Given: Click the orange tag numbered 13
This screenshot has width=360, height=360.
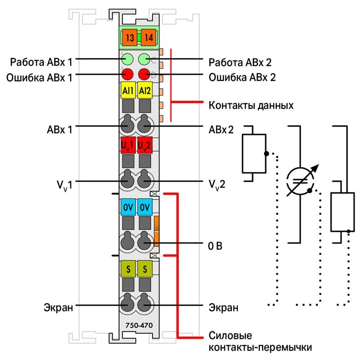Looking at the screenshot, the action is pos(130,37).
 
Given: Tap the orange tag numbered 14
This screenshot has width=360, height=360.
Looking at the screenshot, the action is pos(148,37).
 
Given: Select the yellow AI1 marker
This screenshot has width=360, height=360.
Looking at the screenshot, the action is pos(128,90).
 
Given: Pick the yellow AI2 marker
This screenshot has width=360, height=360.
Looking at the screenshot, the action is pos(145,90).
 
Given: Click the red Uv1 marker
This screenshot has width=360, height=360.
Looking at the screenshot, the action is pos(128,145).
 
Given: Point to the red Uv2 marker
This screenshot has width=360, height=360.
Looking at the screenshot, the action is pos(145,145).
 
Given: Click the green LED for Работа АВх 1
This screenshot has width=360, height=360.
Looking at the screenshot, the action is pos(127,59).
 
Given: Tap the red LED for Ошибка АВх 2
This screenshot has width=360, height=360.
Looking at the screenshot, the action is pos(144,74).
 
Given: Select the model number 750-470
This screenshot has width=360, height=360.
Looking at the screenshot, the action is pos(139,325).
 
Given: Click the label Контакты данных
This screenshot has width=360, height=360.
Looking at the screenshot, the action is pos(251,105).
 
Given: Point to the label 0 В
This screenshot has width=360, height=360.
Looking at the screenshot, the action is pos(215,246).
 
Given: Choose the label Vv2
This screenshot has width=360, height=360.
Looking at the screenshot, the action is pos(217,185).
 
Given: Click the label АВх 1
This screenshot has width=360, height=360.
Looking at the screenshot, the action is pos(59,130).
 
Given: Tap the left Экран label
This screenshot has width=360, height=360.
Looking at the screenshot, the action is pos(58,307).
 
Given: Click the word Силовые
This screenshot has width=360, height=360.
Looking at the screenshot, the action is pos(230,336).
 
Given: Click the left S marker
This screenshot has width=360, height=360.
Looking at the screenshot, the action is pos(128,268).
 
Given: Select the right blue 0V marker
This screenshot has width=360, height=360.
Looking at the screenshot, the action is pos(145,207).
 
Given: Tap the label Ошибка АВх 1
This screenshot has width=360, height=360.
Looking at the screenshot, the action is pos(39,78).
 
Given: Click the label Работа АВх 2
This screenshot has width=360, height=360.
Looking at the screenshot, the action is pos(240,63).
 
